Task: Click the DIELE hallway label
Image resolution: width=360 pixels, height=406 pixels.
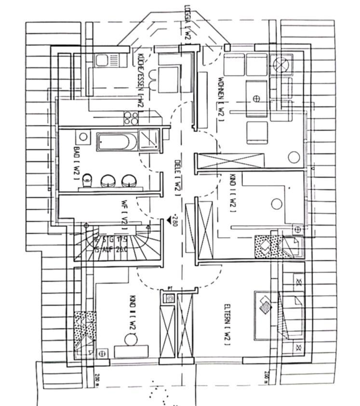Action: tap(177, 176)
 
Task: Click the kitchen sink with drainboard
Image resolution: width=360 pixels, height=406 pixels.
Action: tap(107, 60)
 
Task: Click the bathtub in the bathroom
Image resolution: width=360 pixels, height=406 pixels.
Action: tap(117, 142)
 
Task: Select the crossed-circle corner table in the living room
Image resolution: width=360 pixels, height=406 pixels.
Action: tap(280, 64)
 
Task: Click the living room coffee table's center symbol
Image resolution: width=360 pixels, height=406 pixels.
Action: tap(256, 99)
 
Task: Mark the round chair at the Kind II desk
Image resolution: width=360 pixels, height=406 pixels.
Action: tap(131, 339)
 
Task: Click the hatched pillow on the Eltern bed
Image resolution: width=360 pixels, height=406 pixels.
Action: tap(265, 304)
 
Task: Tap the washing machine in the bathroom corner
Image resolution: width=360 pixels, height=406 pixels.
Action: tap(83, 137)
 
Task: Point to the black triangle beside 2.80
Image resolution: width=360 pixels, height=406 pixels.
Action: tap(168, 220)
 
